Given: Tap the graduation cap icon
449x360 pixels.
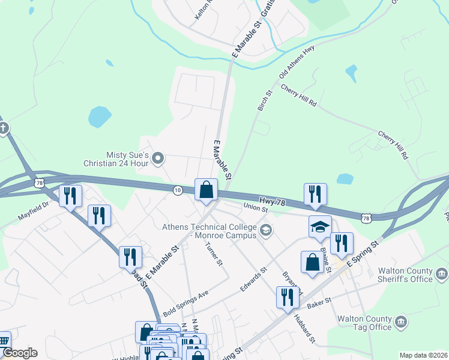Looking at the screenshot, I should (320, 227).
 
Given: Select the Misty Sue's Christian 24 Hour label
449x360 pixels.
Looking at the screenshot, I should (123, 159).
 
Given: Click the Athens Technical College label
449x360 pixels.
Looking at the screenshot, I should (210, 231).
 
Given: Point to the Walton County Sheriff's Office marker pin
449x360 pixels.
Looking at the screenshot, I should (441, 274).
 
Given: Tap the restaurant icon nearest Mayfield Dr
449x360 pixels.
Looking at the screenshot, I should (70, 195).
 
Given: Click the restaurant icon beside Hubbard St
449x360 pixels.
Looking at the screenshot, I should (288, 296).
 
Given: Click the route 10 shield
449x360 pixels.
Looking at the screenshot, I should (178, 190).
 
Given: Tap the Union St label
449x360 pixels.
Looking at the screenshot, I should (255, 207).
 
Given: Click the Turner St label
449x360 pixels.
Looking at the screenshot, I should (214, 254).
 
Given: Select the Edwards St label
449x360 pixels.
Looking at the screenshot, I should (253, 280).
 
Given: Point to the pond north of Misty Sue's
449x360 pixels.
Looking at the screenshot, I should (100, 116).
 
